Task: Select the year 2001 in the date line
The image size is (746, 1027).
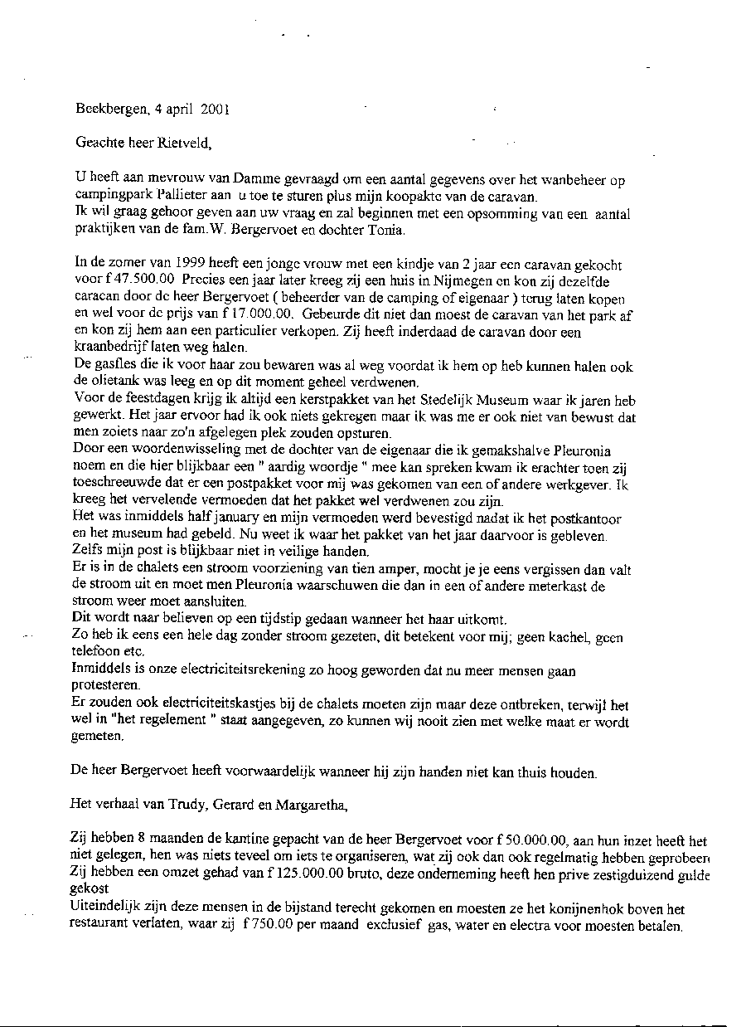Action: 214,108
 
